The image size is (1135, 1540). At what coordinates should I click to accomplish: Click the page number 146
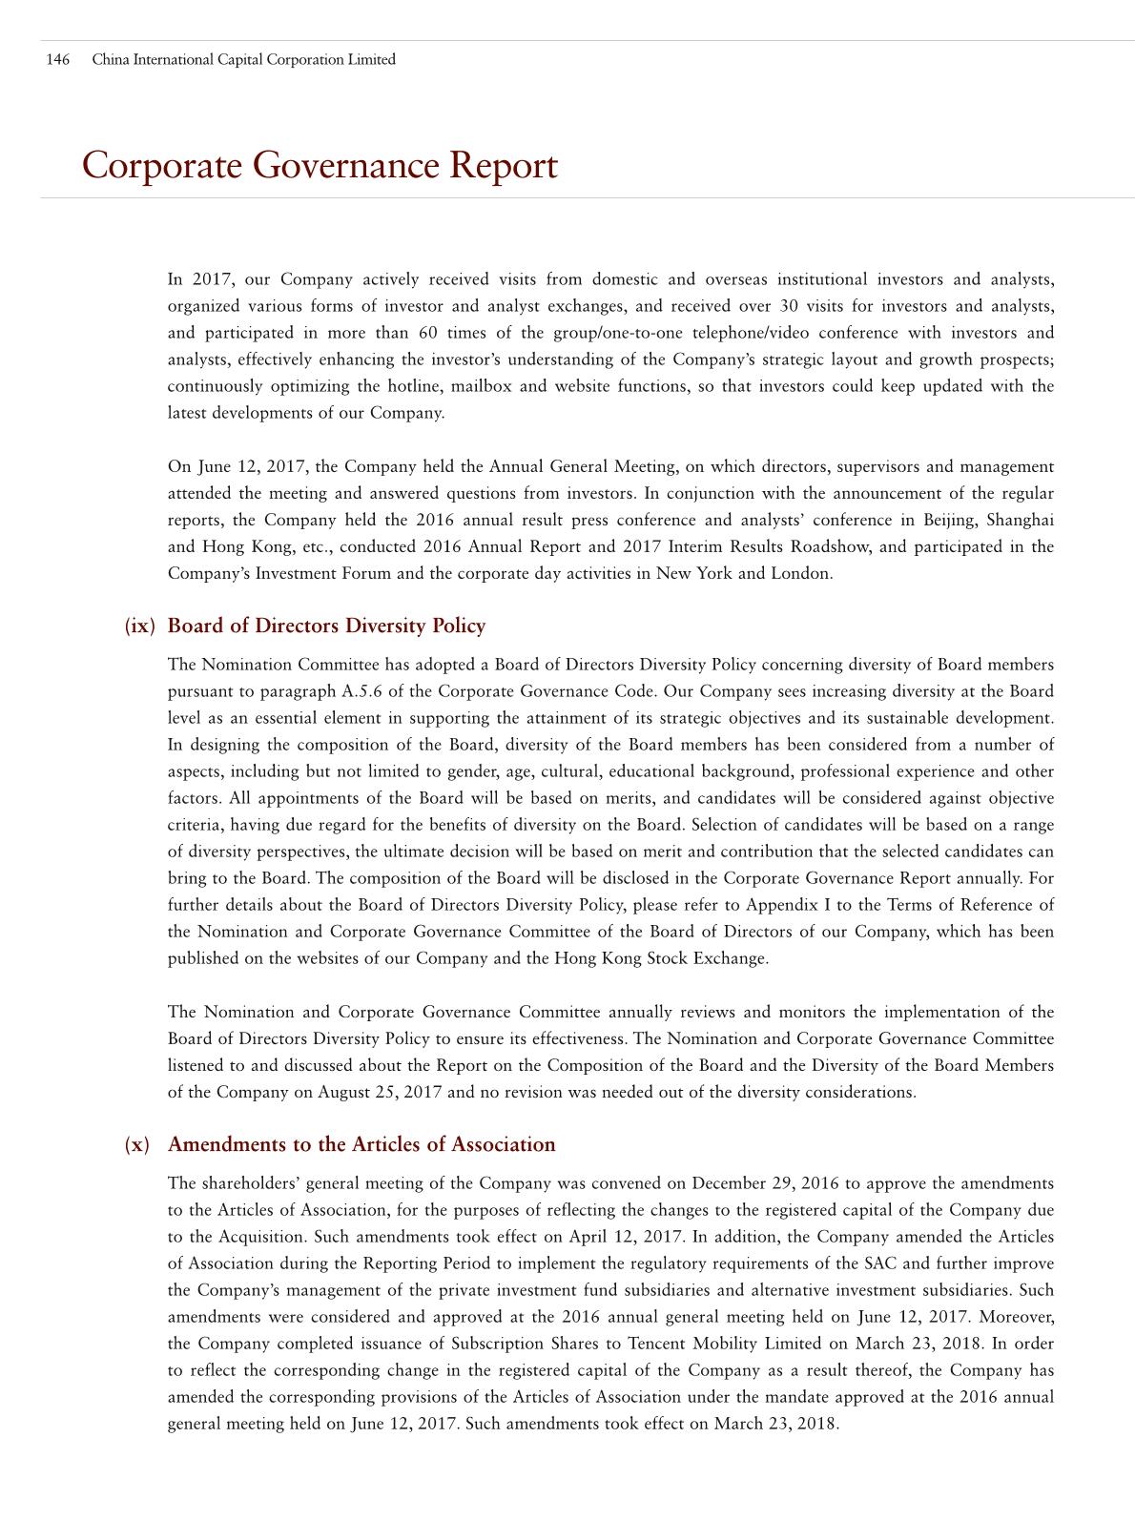[x=57, y=59]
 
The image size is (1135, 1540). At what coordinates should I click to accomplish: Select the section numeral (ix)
[x=139, y=626]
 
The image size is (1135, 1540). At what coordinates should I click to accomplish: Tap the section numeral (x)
[x=137, y=1144]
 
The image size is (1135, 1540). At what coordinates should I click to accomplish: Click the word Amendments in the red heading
[x=228, y=1144]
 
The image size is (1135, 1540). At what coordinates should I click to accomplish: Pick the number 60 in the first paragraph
[x=429, y=333]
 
